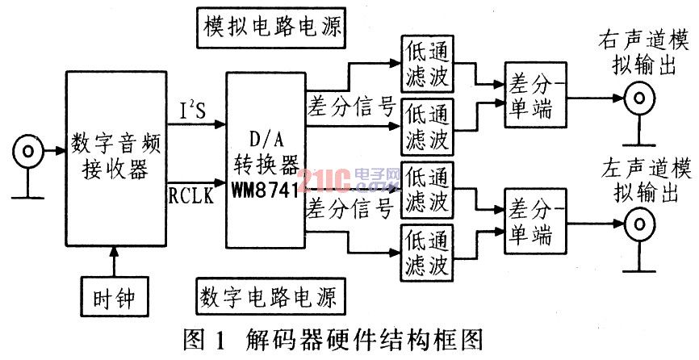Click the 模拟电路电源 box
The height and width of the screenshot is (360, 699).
271,27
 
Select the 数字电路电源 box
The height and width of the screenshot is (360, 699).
270,296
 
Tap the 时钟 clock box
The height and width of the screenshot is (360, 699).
115,297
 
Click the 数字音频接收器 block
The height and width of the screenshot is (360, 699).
116,159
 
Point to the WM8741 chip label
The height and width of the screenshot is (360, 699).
265,190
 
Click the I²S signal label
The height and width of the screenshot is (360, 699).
193,111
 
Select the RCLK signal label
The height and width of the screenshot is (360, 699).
190,195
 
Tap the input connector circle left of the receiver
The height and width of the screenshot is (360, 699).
27,152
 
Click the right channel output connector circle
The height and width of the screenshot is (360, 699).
639,98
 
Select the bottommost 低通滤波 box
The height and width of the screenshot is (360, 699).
427,253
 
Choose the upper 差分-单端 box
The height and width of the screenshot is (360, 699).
535,95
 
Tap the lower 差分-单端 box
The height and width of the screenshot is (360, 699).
535,221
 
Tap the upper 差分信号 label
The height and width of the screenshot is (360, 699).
351,107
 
